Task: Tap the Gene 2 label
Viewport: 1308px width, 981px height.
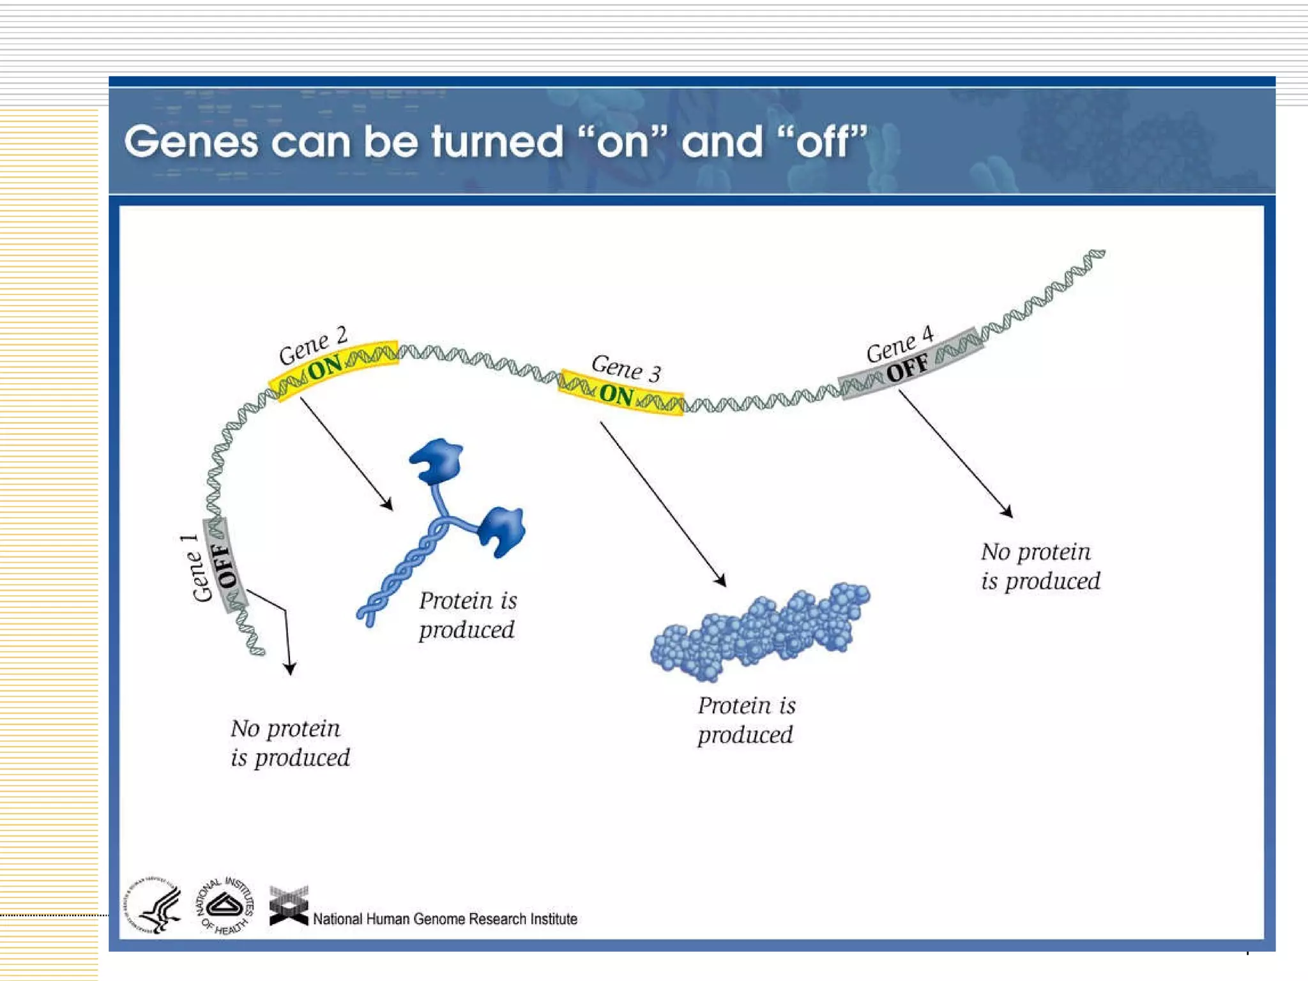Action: pos(313,346)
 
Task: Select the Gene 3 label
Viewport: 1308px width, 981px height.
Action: pos(626,368)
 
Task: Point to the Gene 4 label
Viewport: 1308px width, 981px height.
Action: pos(900,344)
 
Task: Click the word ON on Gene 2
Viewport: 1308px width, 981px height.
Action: pos(325,368)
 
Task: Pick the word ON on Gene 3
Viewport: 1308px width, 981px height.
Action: pos(616,395)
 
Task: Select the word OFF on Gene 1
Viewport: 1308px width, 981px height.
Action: pos(225,565)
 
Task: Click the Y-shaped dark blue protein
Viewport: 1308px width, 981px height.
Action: pos(447,524)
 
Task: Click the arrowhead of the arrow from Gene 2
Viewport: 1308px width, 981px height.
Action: pos(388,505)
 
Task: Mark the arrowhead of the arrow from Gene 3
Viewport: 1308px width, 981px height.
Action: pos(721,581)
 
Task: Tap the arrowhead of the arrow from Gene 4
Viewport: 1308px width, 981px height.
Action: pos(1007,512)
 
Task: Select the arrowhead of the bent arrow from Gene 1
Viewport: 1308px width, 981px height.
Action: pos(290,669)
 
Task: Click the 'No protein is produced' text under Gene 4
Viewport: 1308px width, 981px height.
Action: pos(1040,567)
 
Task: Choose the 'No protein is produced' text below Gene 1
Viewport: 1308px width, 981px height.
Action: pos(290,743)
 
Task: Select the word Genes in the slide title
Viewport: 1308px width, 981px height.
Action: pos(191,142)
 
